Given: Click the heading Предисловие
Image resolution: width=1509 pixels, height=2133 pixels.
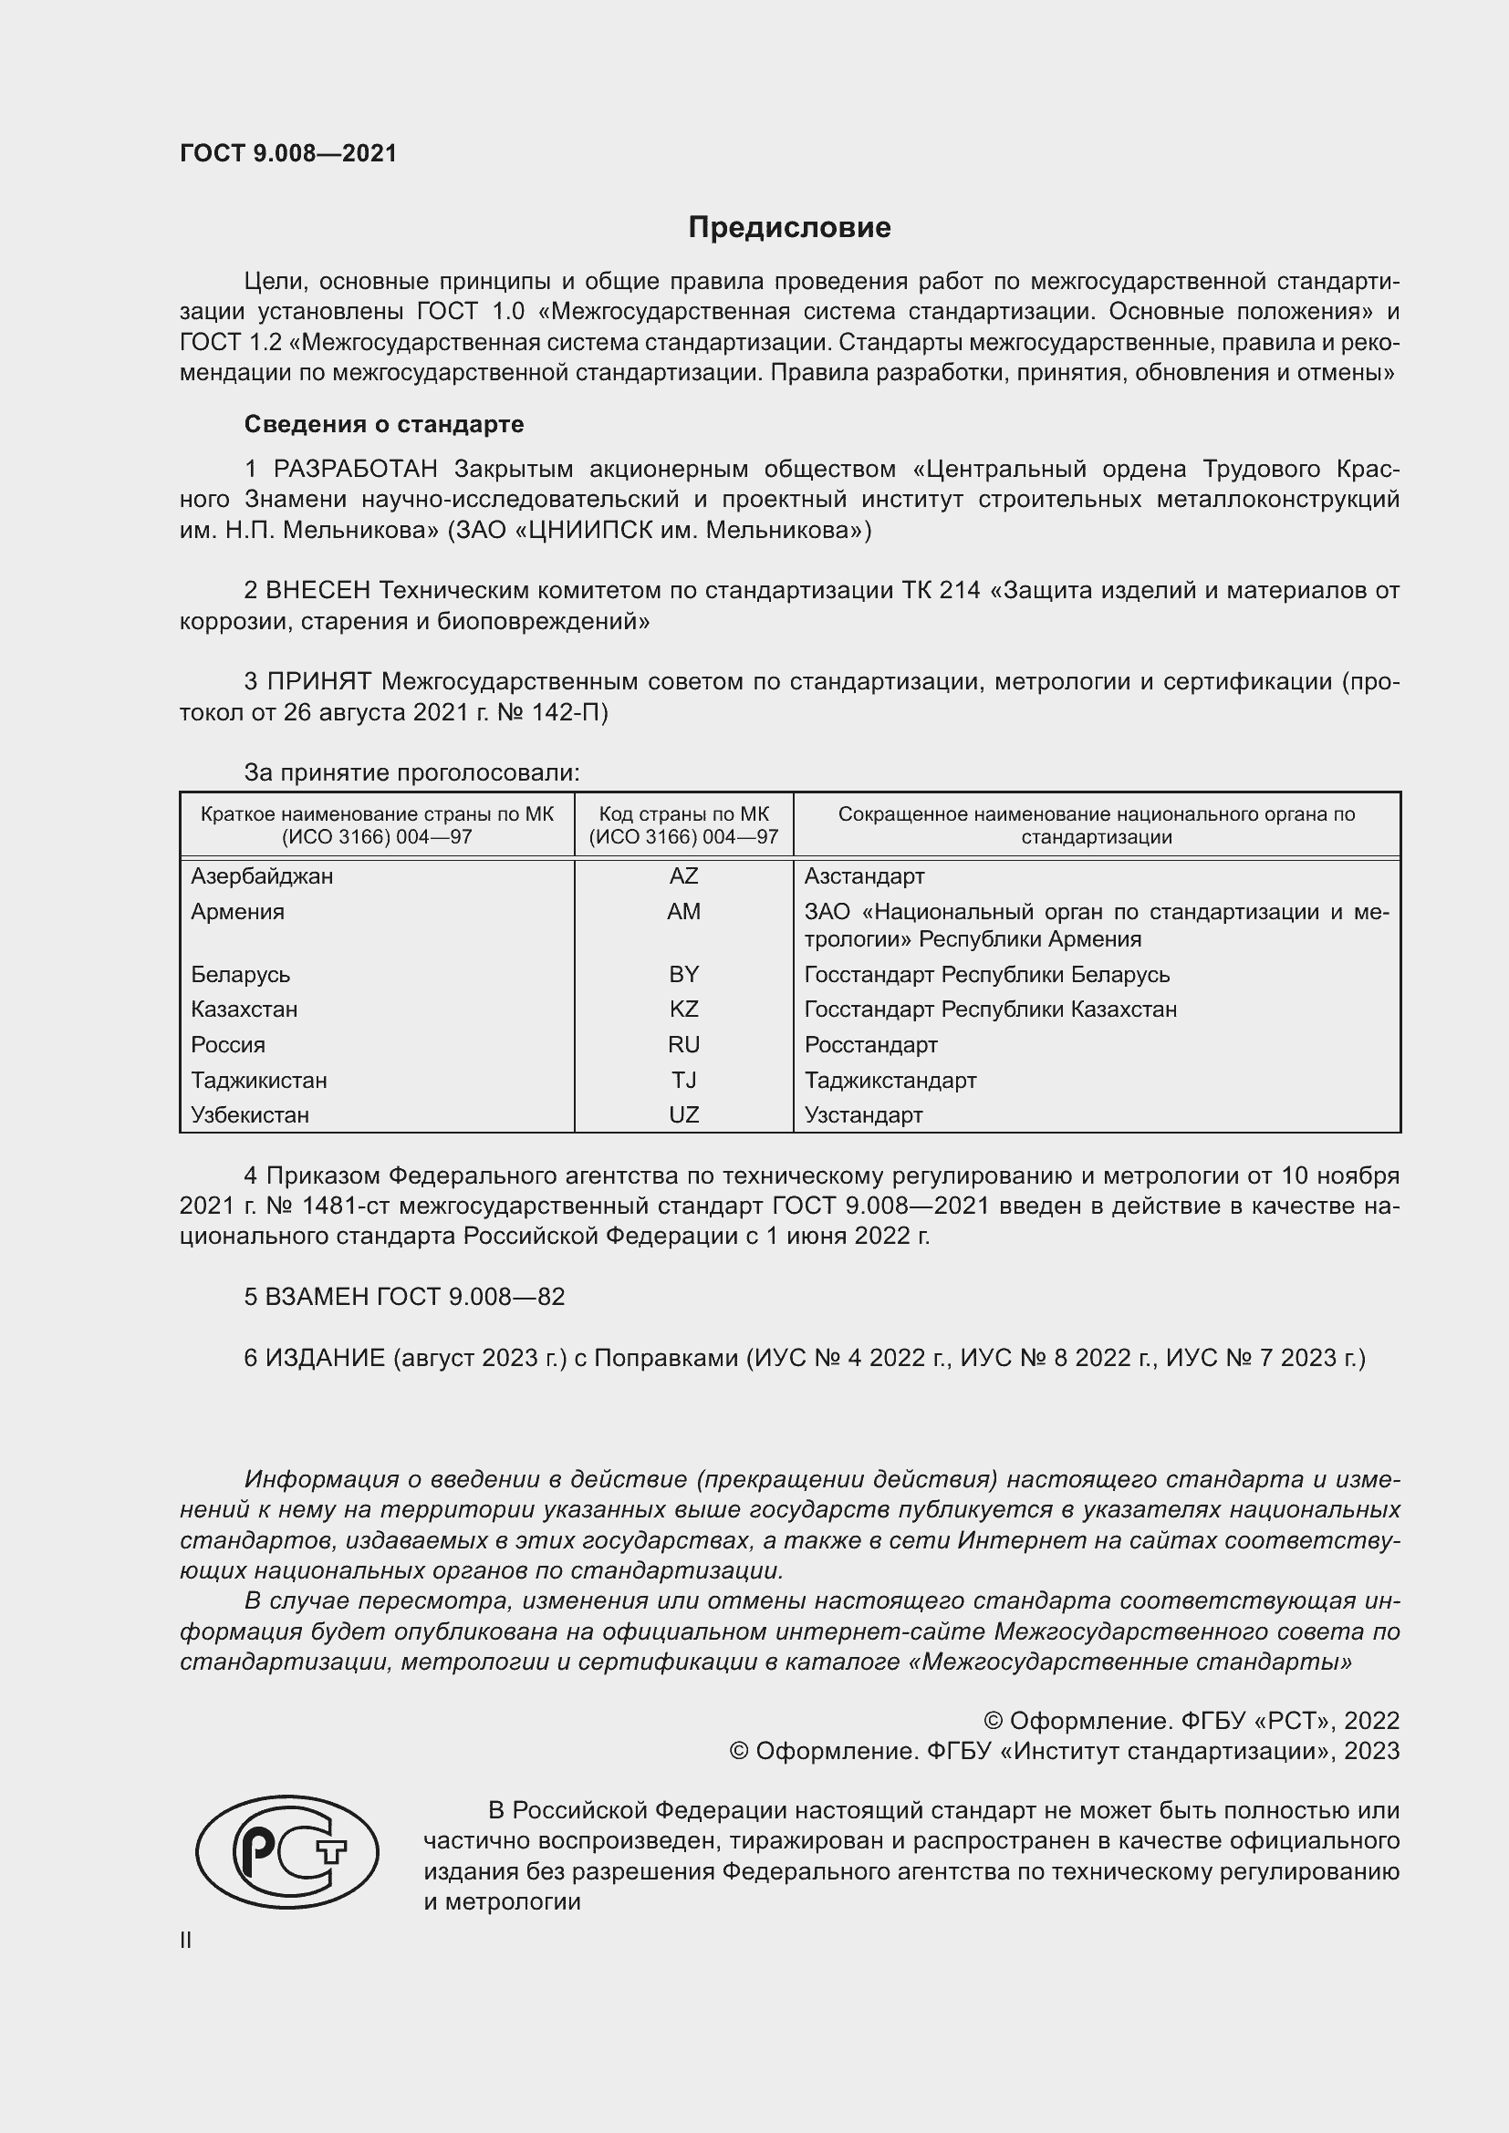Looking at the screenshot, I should coord(789,228).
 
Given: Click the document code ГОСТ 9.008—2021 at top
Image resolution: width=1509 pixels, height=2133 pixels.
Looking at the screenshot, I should coord(288,153).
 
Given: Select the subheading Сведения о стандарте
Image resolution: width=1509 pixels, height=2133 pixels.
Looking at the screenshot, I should coord(384,425).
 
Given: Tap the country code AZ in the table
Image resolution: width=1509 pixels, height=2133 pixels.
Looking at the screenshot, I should coord(683,876).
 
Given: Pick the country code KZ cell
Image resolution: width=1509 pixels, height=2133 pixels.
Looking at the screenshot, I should coord(683,1009).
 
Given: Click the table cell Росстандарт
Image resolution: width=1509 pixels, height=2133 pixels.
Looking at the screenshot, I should coord(870,1044).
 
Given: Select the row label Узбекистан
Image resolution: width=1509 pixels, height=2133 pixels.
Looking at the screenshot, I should coord(250,1114).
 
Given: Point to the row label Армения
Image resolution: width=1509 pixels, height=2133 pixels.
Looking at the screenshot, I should coord(238,911).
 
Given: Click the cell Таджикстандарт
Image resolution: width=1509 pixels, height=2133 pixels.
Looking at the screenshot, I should coord(890,1080).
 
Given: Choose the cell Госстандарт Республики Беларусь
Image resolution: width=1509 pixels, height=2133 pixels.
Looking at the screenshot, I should coord(987,975).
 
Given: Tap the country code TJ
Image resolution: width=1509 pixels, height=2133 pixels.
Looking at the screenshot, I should coord(683,1080).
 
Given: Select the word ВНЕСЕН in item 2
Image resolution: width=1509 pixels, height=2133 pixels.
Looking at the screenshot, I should coord(317,590).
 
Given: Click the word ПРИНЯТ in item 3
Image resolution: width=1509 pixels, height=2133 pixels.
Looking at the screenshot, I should coord(319,681).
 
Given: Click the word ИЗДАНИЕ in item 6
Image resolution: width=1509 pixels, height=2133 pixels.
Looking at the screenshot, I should coord(325,1358).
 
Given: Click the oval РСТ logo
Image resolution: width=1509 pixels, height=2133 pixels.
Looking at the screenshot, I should coord(287,1851).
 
